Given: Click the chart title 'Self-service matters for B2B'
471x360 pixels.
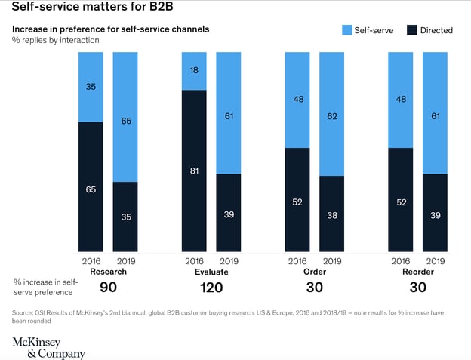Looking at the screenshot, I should click(x=87, y=10).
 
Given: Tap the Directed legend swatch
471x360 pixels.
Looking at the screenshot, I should click(x=412, y=30).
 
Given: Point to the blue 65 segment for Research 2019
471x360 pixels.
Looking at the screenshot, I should click(x=125, y=117).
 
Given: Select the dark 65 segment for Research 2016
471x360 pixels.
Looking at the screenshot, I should click(x=91, y=187).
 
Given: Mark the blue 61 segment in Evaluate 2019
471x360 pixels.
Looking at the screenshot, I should click(x=229, y=113).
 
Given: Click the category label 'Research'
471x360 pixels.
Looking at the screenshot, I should click(x=108, y=271).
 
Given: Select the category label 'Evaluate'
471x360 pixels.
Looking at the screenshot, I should click(x=212, y=271).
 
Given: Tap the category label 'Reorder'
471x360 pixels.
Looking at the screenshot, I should click(x=418, y=271).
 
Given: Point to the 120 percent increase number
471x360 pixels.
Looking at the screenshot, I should click(x=212, y=287).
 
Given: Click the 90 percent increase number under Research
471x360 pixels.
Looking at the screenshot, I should click(x=108, y=287).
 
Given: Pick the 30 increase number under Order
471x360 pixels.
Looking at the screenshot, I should click(x=314, y=287).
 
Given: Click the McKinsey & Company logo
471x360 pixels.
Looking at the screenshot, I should click(x=49, y=347).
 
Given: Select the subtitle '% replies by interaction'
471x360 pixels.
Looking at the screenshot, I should click(x=55, y=40).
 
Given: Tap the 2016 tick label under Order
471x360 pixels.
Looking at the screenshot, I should click(x=297, y=261).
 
